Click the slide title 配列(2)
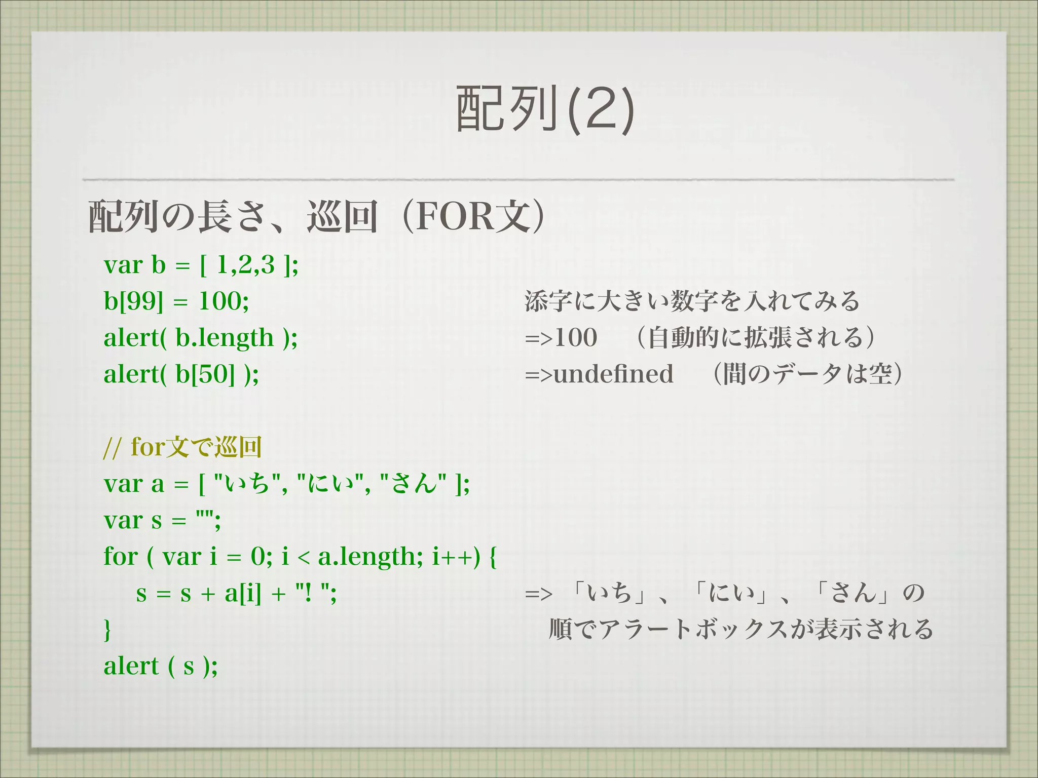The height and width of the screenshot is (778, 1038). tap(545, 109)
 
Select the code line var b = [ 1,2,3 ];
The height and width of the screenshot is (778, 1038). tap(201, 265)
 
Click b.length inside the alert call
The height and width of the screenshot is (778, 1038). tap(225, 338)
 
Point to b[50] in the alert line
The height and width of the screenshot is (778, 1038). tap(205, 374)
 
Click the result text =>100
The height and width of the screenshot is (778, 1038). tap(561, 338)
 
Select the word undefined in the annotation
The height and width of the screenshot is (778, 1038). tap(613, 374)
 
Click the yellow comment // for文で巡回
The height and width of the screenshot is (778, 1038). tap(182, 447)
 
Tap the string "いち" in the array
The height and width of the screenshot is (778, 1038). tap(247, 484)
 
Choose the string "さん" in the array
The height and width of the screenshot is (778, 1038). tap(413, 484)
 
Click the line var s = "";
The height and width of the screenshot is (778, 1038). tap(162, 520)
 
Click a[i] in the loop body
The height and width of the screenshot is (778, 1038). tap(243, 593)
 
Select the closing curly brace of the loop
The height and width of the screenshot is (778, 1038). tap(107, 630)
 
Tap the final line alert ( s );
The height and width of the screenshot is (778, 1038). tap(161, 666)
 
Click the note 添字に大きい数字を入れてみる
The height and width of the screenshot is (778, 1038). tap(692, 301)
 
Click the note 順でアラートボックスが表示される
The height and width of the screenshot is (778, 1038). tap(740, 630)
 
